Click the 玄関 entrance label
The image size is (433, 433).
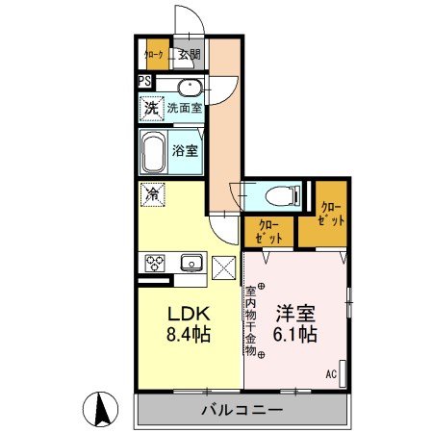pyautogui.click(x=190, y=55)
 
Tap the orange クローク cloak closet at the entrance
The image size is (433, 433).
pyautogui.click(x=154, y=55)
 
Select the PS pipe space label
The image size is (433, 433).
pyautogui.click(x=144, y=82)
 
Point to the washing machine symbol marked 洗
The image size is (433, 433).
pyautogui.click(x=152, y=108)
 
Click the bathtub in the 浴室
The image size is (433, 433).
pyautogui.click(x=154, y=151)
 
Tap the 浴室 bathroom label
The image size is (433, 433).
pyautogui.click(x=186, y=150)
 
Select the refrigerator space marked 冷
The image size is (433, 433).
pyautogui.click(x=152, y=193)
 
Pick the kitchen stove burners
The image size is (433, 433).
pyautogui.click(x=156, y=262)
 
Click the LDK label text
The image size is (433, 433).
pyautogui.click(x=190, y=314)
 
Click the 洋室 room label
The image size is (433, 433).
pyautogui.click(x=295, y=314)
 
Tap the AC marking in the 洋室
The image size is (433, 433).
pyautogui.click(x=331, y=374)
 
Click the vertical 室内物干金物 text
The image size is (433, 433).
pyautogui.click(x=249, y=322)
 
